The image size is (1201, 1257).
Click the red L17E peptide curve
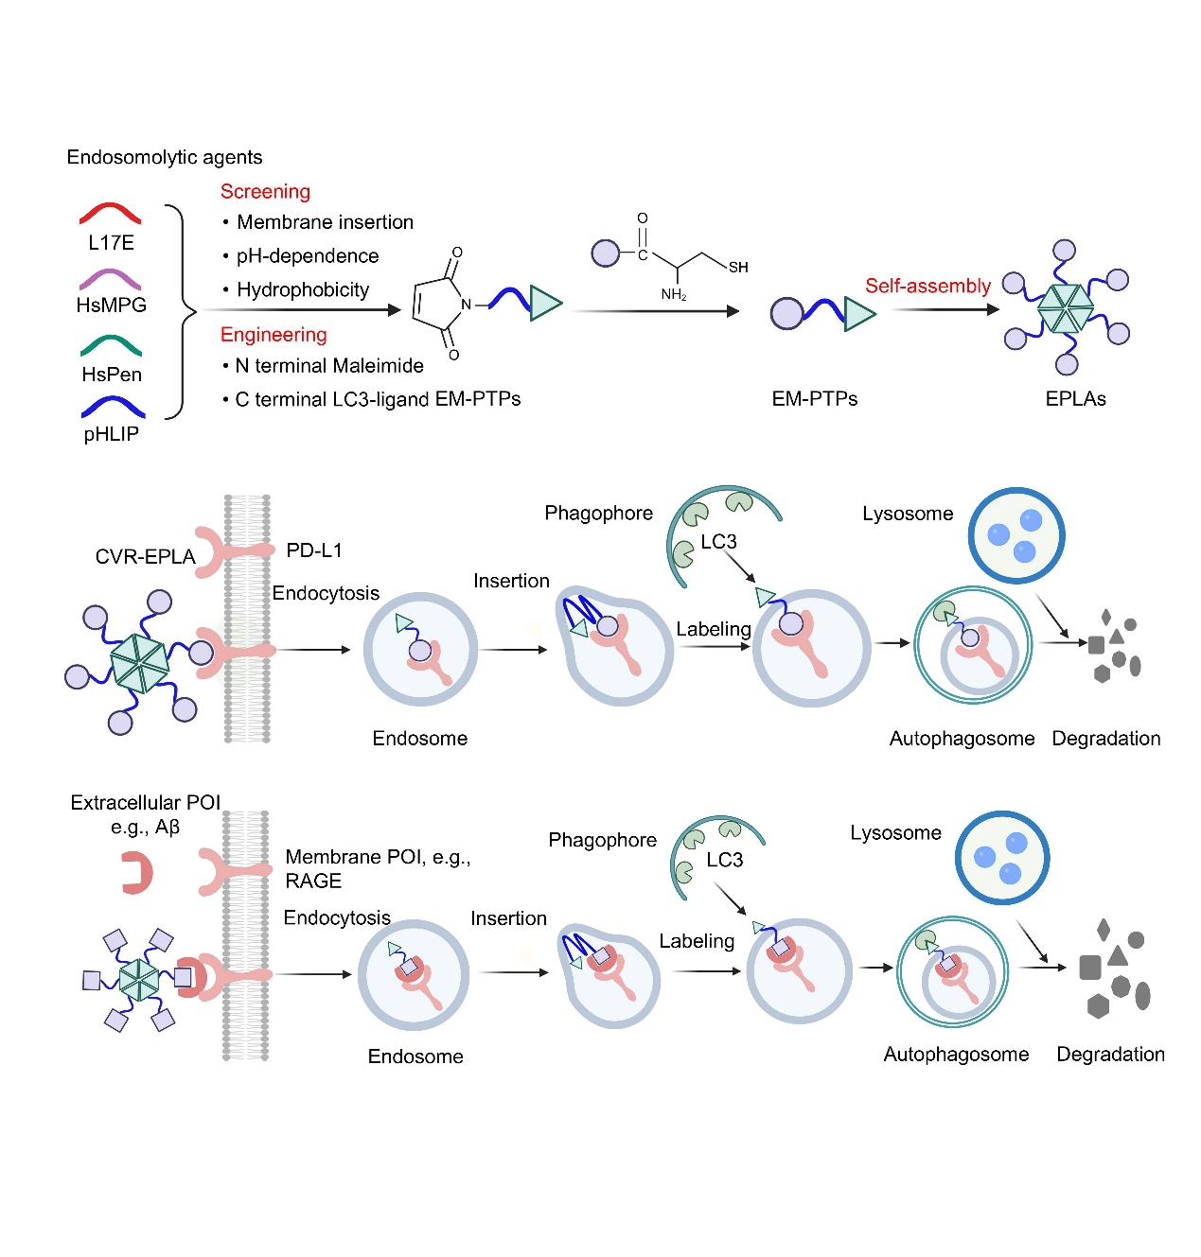click(x=110, y=212)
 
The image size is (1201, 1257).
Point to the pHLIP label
click(x=111, y=434)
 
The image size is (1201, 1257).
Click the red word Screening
click(x=265, y=191)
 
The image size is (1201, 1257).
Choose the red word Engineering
click(x=274, y=334)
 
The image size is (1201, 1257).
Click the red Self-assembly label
click(x=927, y=286)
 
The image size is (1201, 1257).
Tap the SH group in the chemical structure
click(x=738, y=268)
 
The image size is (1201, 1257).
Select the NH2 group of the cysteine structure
click(x=673, y=294)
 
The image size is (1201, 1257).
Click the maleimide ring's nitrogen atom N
click(x=466, y=305)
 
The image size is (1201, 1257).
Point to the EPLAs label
click(x=1075, y=398)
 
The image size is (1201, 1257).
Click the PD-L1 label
click(x=314, y=550)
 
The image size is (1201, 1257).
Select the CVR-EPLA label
click(x=145, y=556)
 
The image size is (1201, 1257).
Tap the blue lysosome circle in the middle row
click(x=1016, y=535)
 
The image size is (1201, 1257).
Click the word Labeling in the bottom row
click(x=697, y=940)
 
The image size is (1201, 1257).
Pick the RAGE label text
click(x=313, y=881)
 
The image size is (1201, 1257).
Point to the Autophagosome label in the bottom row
click(x=956, y=1054)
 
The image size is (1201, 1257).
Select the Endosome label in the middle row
click(x=419, y=738)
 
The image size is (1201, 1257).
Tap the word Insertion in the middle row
click(x=511, y=581)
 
